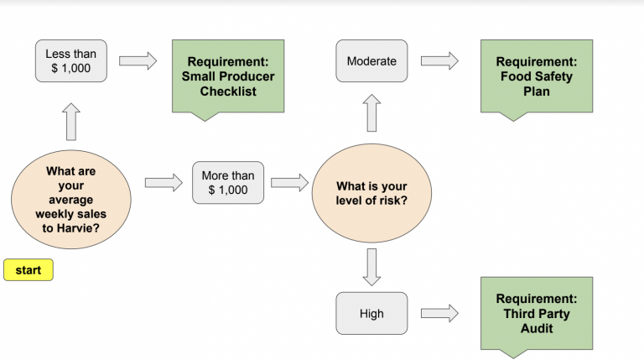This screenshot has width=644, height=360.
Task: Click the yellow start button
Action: coord(29,270)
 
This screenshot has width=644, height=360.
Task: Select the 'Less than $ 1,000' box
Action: coord(71,61)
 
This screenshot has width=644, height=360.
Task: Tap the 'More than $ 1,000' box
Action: coord(227,183)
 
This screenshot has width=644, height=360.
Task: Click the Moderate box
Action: coord(371,61)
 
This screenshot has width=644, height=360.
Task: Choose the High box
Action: coord(371,313)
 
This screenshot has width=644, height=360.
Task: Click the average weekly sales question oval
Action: coord(71,200)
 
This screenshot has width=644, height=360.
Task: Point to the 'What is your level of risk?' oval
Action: coord(371,193)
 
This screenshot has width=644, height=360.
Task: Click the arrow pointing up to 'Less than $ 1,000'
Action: coord(71,122)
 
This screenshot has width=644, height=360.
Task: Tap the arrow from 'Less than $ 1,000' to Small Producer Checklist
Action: coord(138,60)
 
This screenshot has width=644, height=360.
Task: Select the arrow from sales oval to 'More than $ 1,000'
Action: coord(163,182)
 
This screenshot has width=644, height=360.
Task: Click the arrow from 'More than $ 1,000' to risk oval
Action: coord(289,183)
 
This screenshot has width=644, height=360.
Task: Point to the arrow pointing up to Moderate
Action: coord(371,113)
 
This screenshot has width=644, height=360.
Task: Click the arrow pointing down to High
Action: coord(371,266)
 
